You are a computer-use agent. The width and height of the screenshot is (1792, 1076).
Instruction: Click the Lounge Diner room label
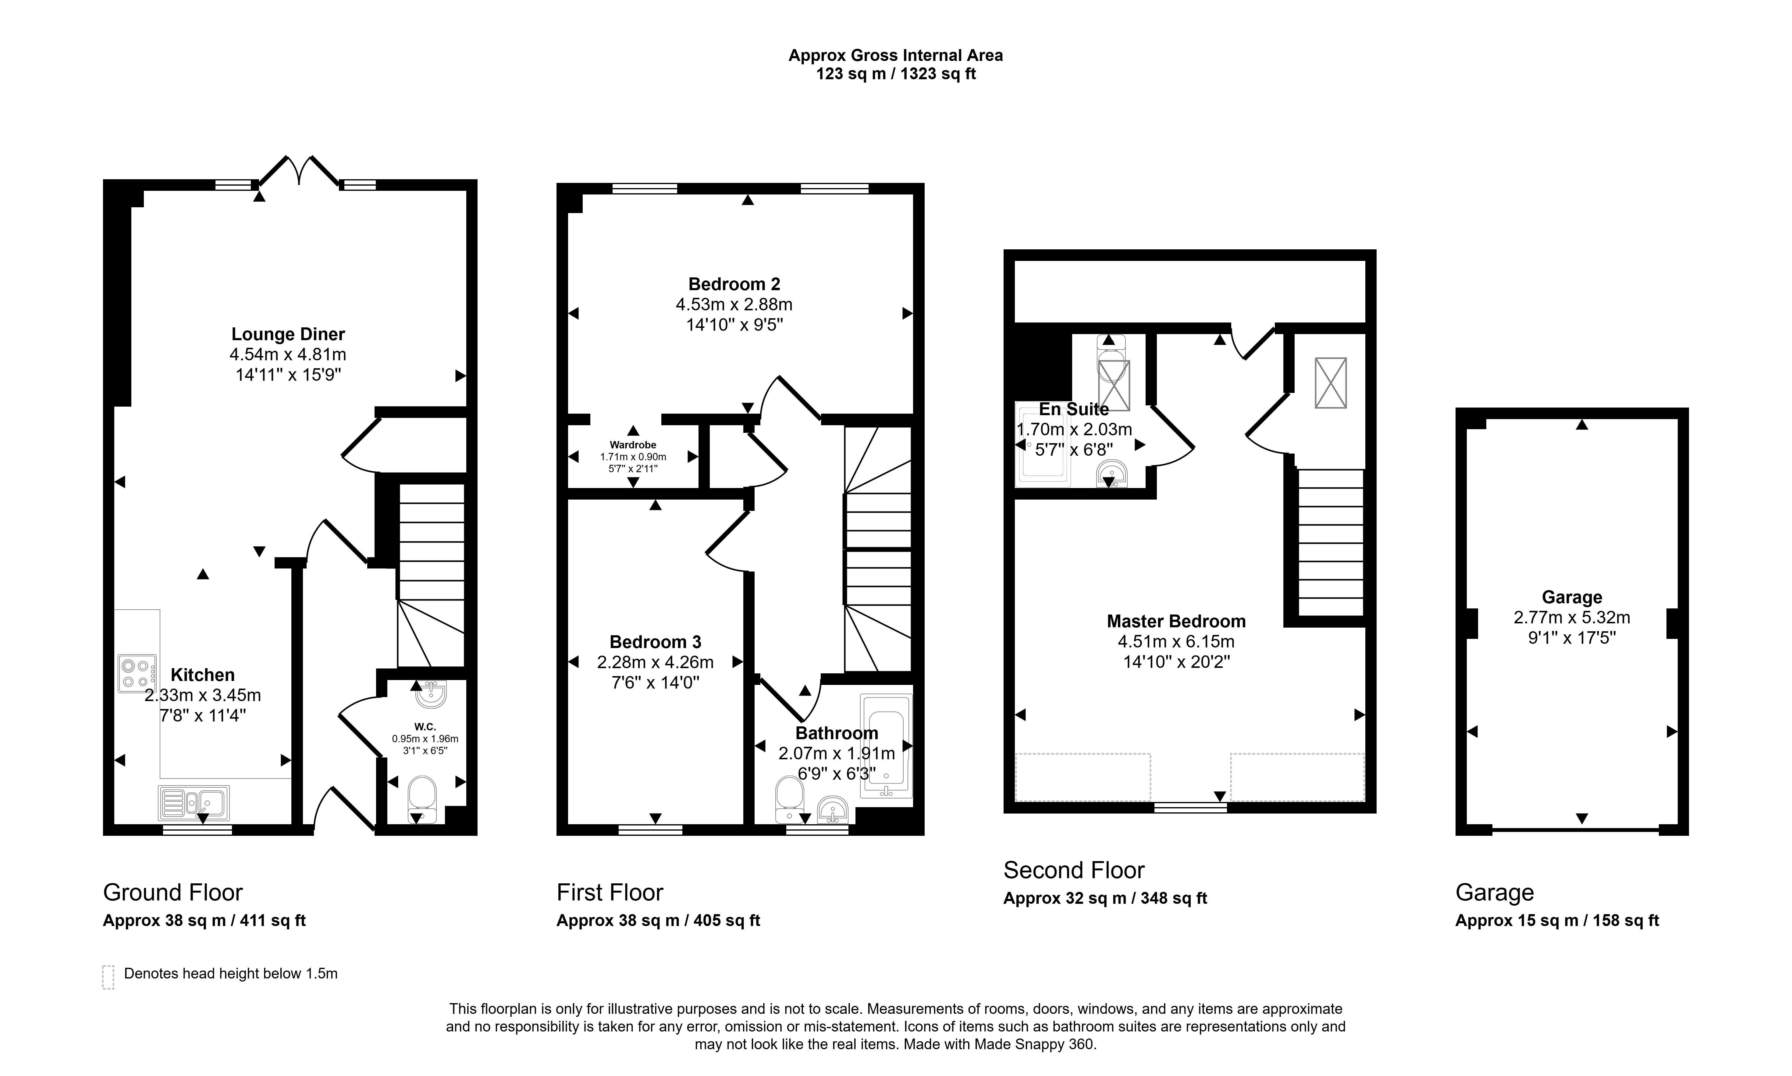(288, 334)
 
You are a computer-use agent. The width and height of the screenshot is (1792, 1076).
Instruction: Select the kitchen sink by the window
(194, 803)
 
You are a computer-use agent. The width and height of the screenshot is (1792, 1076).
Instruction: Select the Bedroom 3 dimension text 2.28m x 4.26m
(655, 662)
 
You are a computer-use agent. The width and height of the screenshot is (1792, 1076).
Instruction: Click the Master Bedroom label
(1176, 622)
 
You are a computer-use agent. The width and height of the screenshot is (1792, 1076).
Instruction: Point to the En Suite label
(1074, 409)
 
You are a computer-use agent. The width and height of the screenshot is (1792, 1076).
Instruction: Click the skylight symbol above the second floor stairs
(1330, 383)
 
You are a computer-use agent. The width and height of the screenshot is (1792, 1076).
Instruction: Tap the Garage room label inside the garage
(1572, 597)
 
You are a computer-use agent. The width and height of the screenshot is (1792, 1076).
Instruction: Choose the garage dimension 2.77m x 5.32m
(1572, 618)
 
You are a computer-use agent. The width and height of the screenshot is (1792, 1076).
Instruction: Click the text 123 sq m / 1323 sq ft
(896, 74)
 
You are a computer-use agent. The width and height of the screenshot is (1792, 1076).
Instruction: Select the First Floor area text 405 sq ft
(727, 921)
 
